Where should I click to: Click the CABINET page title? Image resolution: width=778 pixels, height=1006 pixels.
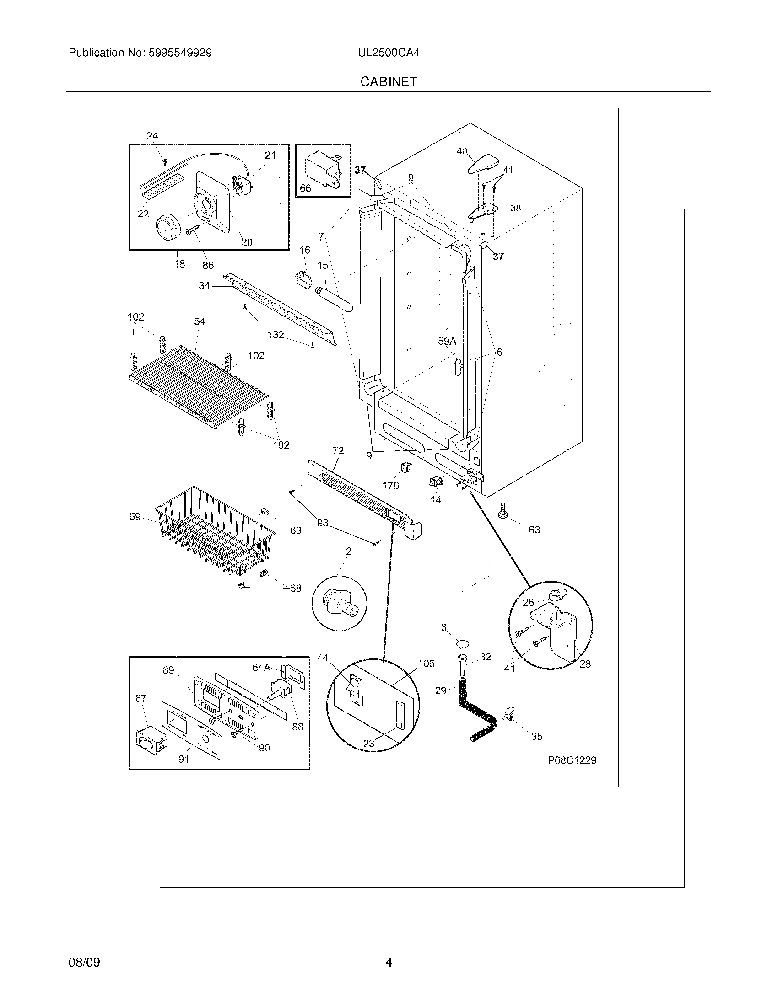[x=389, y=81]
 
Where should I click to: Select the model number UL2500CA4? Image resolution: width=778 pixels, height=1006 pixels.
[x=389, y=53]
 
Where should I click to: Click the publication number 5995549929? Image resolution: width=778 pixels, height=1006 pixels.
[x=180, y=53]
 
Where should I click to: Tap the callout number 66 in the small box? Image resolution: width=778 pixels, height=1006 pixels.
[x=305, y=188]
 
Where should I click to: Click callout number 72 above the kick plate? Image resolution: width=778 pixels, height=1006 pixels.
[x=338, y=450]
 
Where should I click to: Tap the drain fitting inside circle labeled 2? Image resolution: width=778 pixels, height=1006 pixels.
[x=340, y=604]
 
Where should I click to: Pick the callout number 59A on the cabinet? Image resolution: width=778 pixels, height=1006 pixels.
[x=447, y=341]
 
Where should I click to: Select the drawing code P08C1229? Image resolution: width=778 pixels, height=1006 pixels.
[x=572, y=760]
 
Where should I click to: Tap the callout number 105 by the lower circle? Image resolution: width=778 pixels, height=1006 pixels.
[x=426, y=664]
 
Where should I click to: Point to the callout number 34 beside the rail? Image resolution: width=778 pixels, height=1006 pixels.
[x=204, y=286]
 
